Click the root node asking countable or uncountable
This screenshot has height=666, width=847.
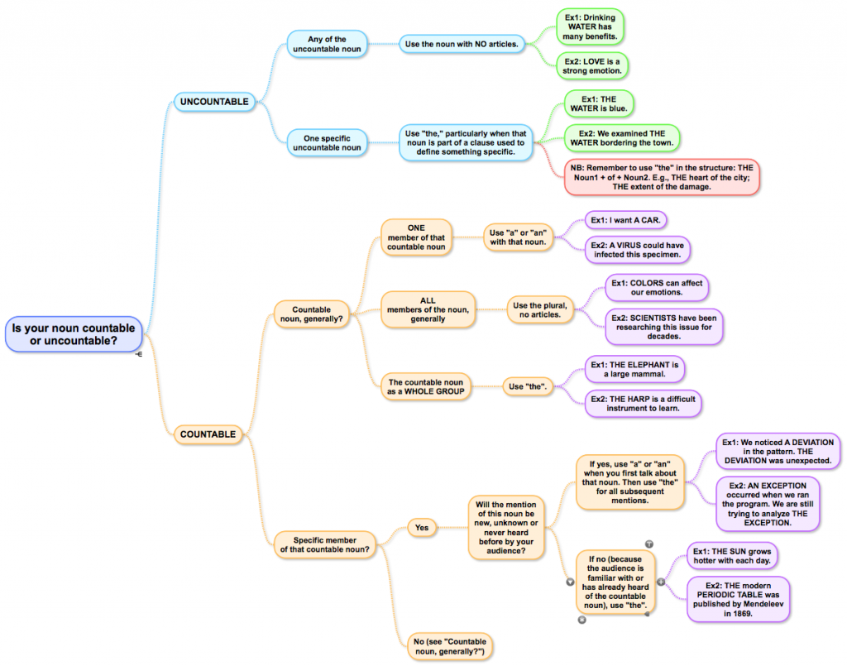click(73, 333)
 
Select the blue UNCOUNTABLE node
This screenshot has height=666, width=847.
click(214, 102)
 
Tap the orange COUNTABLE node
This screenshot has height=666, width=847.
click(208, 434)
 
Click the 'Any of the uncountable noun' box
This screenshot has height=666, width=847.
click(327, 45)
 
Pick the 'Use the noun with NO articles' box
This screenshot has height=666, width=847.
click(462, 44)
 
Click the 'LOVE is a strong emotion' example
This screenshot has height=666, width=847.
click(592, 66)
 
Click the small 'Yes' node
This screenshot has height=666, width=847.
click(422, 527)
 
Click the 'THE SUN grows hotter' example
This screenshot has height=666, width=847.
click(733, 556)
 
